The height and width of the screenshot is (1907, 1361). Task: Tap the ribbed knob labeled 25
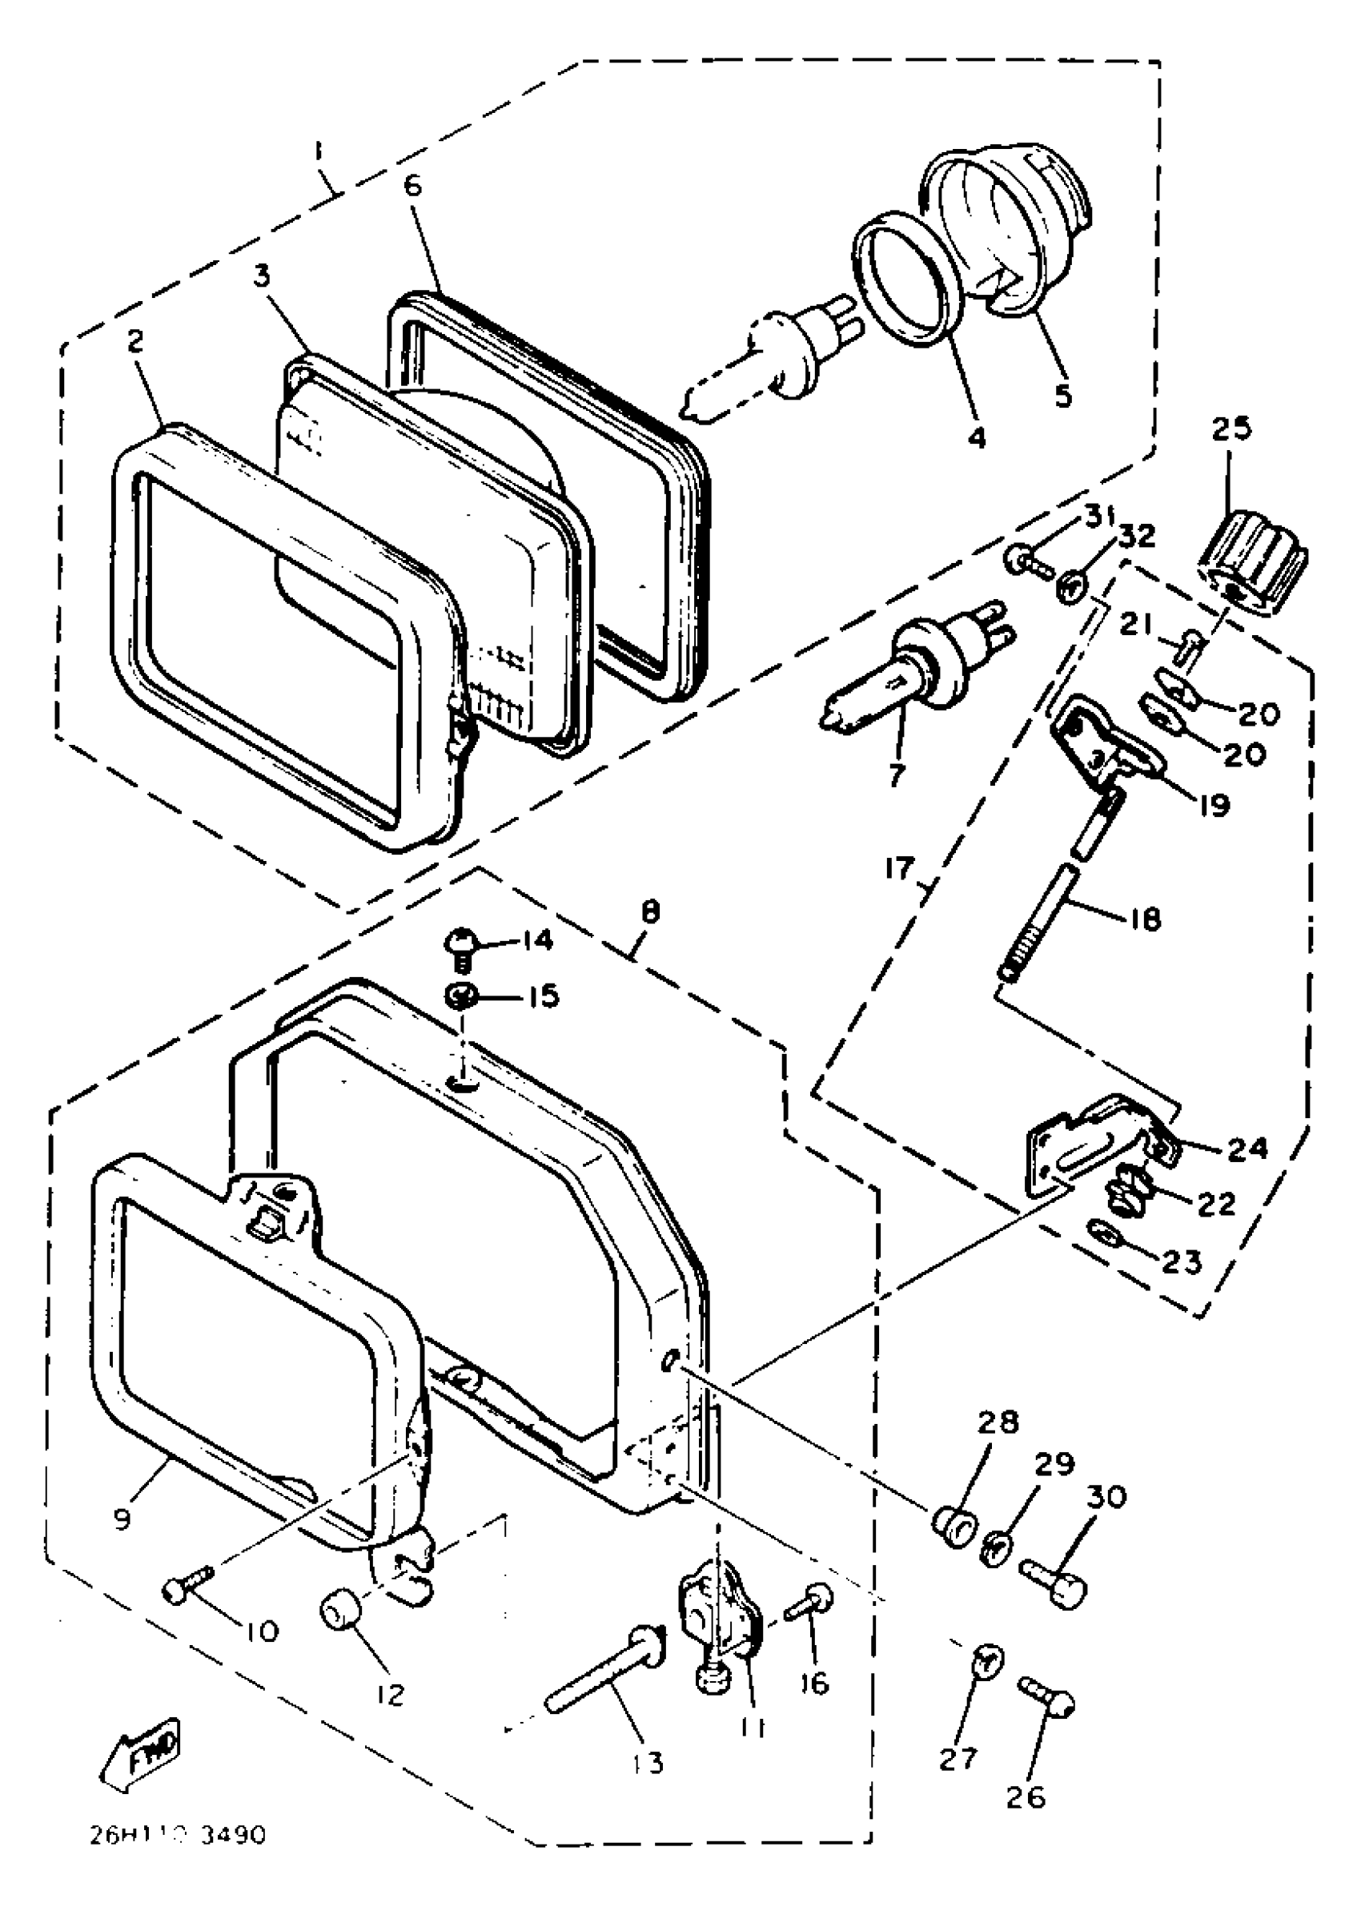[1253, 555]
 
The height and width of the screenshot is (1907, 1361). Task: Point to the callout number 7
[897, 774]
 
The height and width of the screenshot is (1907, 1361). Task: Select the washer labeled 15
[461, 996]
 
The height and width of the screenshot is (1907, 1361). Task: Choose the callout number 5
[1063, 395]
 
